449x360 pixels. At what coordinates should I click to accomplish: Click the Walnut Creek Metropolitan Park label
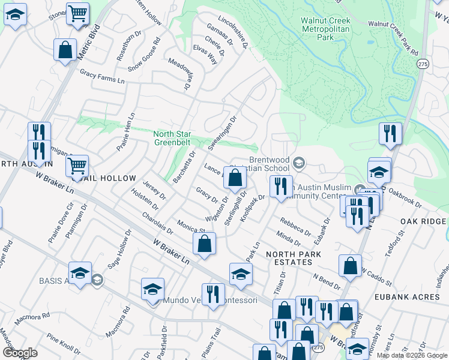click(325, 28)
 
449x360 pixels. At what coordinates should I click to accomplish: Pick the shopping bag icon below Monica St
click(204, 243)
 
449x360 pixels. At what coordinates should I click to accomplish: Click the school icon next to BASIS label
click(80, 273)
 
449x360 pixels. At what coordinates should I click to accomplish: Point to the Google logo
click(20, 353)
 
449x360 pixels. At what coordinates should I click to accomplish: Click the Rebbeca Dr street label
click(295, 226)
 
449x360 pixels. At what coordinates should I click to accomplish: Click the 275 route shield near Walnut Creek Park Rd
click(424, 64)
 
